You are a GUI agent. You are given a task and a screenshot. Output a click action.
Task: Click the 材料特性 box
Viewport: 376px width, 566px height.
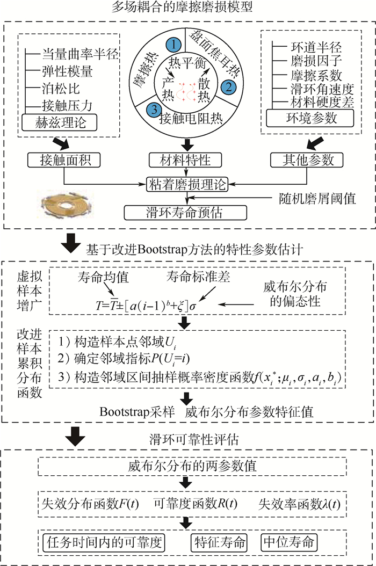(x=186, y=159)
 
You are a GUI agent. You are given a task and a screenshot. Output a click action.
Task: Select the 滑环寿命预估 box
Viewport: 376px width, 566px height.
(x=186, y=212)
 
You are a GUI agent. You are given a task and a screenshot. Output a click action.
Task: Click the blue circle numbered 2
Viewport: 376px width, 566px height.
(x=229, y=85)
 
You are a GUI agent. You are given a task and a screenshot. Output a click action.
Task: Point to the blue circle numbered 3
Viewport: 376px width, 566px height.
(x=154, y=107)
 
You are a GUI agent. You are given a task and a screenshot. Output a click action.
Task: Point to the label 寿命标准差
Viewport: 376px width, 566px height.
(x=204, y=277)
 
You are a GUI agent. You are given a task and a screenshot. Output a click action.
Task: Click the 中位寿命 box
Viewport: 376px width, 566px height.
(x=287, y=540)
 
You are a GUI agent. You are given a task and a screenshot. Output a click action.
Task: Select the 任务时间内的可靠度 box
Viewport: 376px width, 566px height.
(x=103, y=540)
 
